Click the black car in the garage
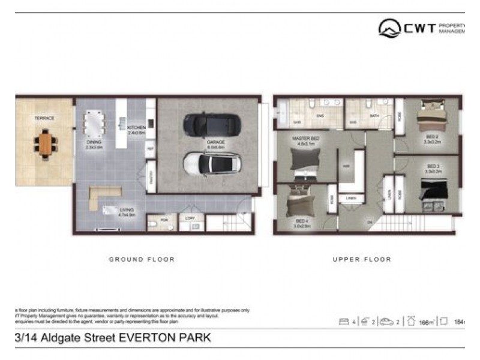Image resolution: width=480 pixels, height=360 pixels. click(x=212, y=124)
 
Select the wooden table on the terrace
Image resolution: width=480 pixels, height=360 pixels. click(x=46, y=145)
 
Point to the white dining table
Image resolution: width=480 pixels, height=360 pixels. click(x=95, y=124)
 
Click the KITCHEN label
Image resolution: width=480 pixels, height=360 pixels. click(x=137, y=127)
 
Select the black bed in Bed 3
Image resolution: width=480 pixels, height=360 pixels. click(x=434, y=191)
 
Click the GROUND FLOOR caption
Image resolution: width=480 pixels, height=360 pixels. click(x=142, y=259)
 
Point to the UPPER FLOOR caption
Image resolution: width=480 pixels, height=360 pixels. click(x=362, y=259)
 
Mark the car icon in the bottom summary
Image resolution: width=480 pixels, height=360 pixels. click(x=388, y=322)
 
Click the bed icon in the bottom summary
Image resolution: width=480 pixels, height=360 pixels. click(x=344, y=322)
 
